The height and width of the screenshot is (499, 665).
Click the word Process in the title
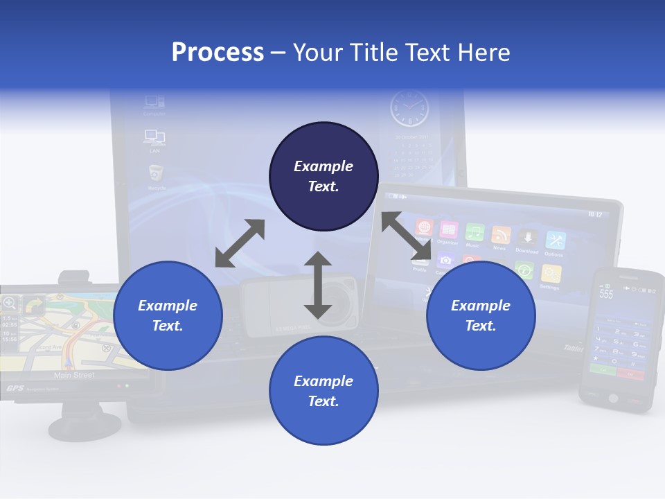coord(218,52)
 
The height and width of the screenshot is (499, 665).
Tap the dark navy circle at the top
coord(323,176)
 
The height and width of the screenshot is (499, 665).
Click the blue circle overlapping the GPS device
coord(168,315)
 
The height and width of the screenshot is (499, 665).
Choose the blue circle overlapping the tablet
coord(481,315)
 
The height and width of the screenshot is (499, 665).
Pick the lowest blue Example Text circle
coord(323,390)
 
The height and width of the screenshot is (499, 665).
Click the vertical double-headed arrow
coord(318,285)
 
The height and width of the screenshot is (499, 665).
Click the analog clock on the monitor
coord(409,110)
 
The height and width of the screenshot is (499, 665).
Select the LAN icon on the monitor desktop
coord(154,137)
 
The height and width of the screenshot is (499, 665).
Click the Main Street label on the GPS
coord(74,375)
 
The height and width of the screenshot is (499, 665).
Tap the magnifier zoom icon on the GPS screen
coord(10,303)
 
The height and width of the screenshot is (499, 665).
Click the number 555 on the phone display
coord(606,294)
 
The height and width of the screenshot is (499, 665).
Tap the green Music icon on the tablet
coord(474,232)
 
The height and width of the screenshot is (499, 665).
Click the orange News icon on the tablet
coord(500,235)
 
